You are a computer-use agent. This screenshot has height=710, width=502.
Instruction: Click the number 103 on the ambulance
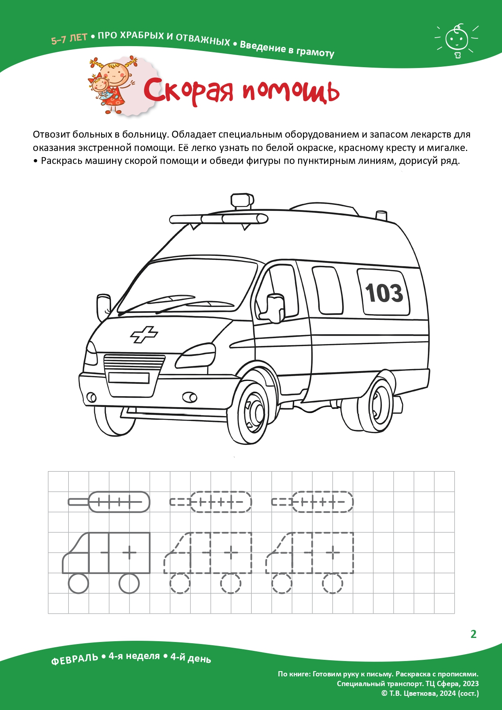(x=384, y=293)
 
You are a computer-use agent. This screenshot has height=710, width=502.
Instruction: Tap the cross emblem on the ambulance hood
(x=144, y=335)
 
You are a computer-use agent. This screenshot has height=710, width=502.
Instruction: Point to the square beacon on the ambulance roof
(x=242, y=200)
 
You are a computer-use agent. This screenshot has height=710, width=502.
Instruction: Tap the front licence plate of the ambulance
(x=129, y=378)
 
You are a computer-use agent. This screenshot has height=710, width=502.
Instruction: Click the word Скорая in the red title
(x=188, y=91)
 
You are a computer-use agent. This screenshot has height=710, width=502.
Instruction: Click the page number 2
(x=473, y=634)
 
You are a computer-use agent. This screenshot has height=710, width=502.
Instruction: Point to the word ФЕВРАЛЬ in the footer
(x=74, y=659)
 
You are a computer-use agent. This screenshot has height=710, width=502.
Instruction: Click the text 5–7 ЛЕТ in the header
(x=69, y=39)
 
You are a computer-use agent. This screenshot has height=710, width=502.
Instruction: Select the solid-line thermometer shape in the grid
(x=109, y=502)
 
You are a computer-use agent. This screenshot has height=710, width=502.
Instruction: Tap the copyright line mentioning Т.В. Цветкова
(x=430, y=693)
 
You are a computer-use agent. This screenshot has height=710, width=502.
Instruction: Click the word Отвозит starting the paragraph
(x=51, y=134)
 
